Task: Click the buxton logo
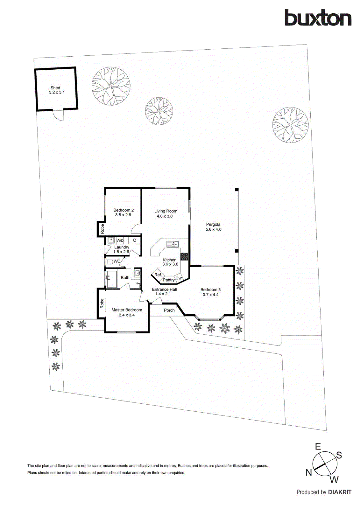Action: tap(318, 18)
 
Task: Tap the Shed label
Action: tap(55, 88)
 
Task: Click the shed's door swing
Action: tap(59, 115)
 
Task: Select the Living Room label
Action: tap(166, 211)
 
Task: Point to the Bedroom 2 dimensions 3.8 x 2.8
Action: tap(123, 215)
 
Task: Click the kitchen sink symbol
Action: tap(172, 244)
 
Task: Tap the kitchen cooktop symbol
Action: tap(184, 256)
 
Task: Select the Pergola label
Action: tap(213, 224)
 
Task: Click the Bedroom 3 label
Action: tap(210, 289)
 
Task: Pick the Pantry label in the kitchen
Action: tap(168, 280)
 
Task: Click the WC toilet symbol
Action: tap(109, 262)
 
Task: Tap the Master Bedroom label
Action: tap(127, 310)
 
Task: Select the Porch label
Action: tap(169, 310)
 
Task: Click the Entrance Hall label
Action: tap(164, 289)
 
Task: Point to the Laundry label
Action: tap(122, 247)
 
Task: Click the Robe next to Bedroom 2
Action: tap(102, 229)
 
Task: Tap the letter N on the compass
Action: tap(308, 473)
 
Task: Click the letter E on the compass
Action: tap(318, 447)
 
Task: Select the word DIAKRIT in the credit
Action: tap(340, 492)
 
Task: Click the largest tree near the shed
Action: tap(111, 86)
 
